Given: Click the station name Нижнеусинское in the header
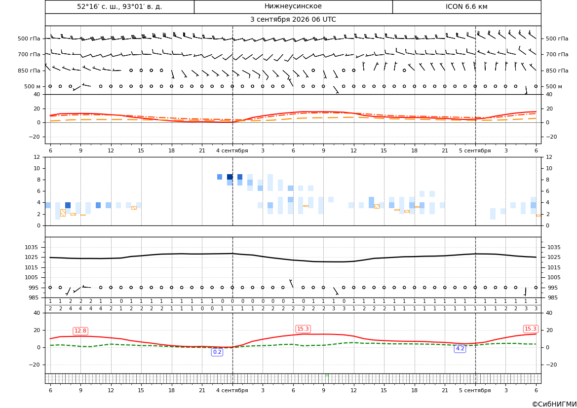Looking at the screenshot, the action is pos(293,6).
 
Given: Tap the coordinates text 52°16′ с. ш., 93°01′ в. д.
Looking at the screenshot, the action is pos(119,6).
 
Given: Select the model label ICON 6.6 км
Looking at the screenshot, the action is pos(466,6).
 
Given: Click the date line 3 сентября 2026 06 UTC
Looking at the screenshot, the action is pos(293,20).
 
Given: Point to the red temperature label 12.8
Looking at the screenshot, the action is pos(80,331).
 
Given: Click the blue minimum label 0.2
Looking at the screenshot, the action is pos(217,352).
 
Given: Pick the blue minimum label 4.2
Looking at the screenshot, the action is pos(460,348).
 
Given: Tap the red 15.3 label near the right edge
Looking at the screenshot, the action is pos(530,329).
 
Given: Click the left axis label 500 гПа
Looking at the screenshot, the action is pos(29,38).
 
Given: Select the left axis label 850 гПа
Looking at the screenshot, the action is pos(29,71).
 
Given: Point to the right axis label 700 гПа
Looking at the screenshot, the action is pos(557,54).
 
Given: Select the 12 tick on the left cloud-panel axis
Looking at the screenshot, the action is pos(37,157).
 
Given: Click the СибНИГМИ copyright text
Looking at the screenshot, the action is pos(554,404).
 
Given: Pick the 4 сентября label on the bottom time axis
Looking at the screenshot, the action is pos(232,390).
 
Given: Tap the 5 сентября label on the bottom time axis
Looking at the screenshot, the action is pos(475,390).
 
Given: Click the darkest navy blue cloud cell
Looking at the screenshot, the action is pos(230,177).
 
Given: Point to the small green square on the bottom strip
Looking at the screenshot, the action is pos(327,375).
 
